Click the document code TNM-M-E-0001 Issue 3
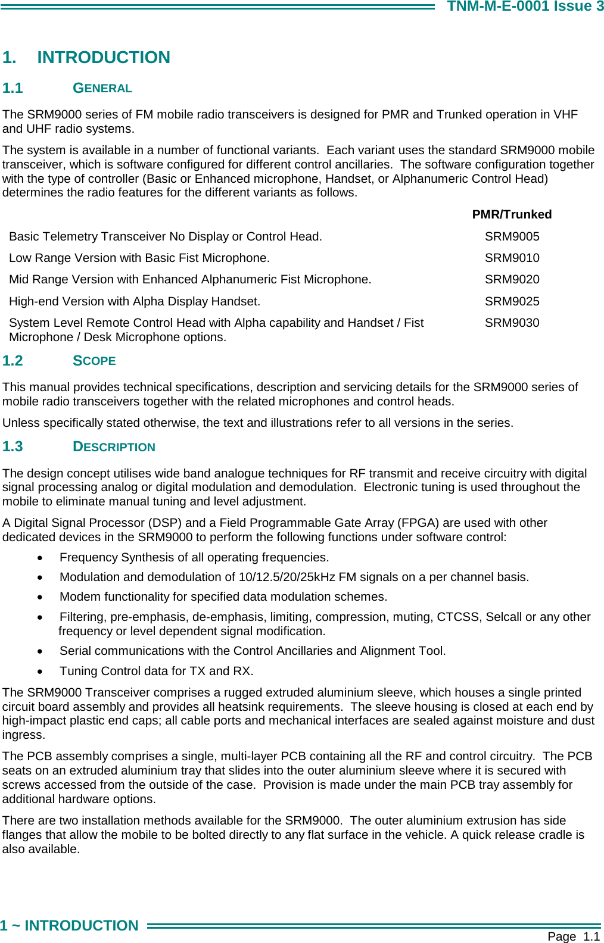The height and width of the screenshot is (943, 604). [525, 7]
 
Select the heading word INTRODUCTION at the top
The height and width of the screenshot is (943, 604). [104, 57]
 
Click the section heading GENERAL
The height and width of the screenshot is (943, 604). [102, 88]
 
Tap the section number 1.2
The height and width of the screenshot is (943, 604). [13, 361]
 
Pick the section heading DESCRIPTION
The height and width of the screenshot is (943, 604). [114, 447]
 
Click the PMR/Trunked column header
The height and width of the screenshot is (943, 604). [512, 214]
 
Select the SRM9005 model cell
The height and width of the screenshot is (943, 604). [512, 236]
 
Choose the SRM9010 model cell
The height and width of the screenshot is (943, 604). [512, 258]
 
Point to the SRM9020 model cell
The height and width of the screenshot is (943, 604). [512, 279]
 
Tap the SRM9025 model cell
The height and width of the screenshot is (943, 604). [512, 301]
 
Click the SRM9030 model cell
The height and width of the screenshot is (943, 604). [512, 323]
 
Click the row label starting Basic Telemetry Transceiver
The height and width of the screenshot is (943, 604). [165, 236]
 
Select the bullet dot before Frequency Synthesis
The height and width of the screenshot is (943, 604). [40, 558]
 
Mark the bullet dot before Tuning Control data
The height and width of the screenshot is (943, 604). [40, 672]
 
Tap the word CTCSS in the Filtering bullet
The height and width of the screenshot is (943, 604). [457, 617]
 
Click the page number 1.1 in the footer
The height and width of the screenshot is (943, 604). [591, 936]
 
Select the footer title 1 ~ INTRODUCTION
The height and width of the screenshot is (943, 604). [69, 926]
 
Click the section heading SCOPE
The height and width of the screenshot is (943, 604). [94, 361]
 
